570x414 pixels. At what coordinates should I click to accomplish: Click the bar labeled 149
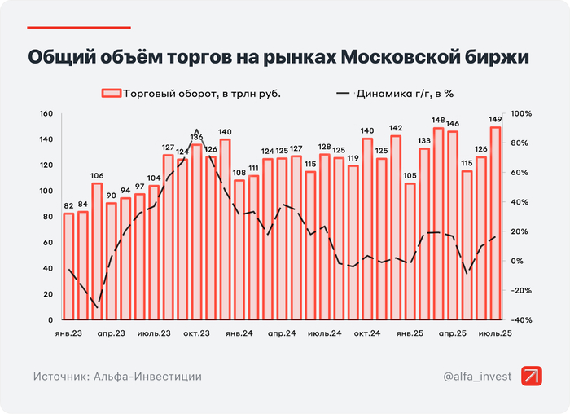[495, 223]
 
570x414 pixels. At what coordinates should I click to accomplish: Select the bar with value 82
[69, 266]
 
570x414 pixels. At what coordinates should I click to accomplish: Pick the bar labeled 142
[396, 227]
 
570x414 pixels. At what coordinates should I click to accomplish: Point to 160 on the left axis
[48, 114]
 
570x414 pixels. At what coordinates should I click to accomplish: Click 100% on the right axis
[521, 114]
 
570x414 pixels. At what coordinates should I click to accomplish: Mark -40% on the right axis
[521, 320]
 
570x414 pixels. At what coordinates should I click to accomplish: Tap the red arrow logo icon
[533, 376]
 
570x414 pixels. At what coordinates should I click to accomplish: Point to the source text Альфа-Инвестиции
[147, 377]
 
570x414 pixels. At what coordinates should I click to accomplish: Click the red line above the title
[79, 28]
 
